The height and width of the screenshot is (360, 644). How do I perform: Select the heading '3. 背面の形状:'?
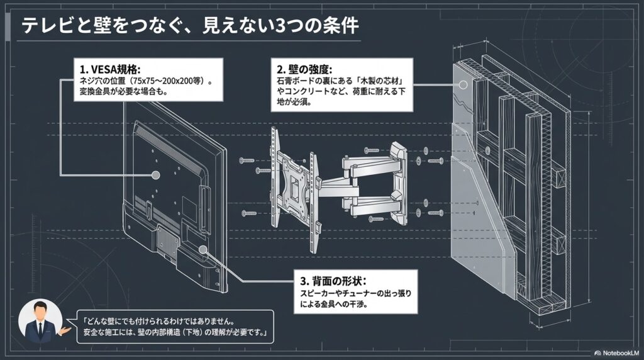pos(330,280)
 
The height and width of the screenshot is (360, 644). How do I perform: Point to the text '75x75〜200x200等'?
pos(168,81)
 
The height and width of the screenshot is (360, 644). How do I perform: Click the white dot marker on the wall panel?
pos(464,84)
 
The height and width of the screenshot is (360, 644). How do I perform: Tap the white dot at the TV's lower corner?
pos(203,250)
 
